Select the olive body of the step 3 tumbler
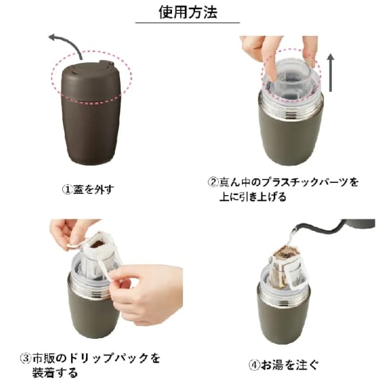[90, 314]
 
